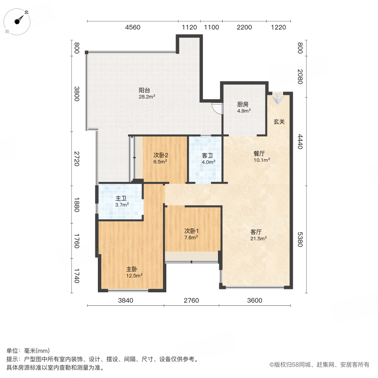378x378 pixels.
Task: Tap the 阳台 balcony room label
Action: (144, 90)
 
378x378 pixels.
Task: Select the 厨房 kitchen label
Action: (244, 105)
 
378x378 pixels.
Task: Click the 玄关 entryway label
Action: (279, 122)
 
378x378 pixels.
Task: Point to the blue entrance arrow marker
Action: (277, 100)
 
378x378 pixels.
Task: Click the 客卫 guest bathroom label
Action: (208, 155)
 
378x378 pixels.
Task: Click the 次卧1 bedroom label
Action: (191, 231)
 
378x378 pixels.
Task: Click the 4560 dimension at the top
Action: (132, 27)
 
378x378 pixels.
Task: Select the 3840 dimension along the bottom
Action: (125, 300)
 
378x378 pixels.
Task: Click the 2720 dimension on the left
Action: (76, 158)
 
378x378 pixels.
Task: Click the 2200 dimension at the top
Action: (244, 27)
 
